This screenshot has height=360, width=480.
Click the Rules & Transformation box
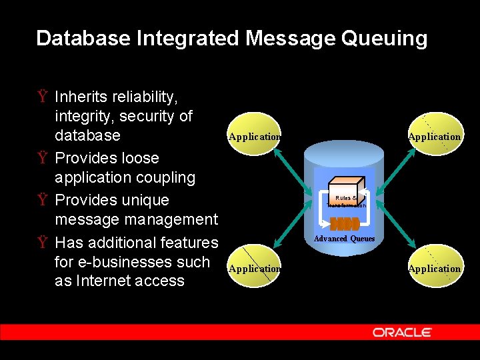[345, 194]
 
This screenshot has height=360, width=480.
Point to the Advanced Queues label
[344, 239]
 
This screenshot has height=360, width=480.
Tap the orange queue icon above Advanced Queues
[344, 224]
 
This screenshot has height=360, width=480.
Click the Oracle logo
[402, 332]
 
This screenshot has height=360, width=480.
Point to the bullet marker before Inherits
[42, 97]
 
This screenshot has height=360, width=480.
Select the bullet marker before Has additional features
[42, 243]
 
